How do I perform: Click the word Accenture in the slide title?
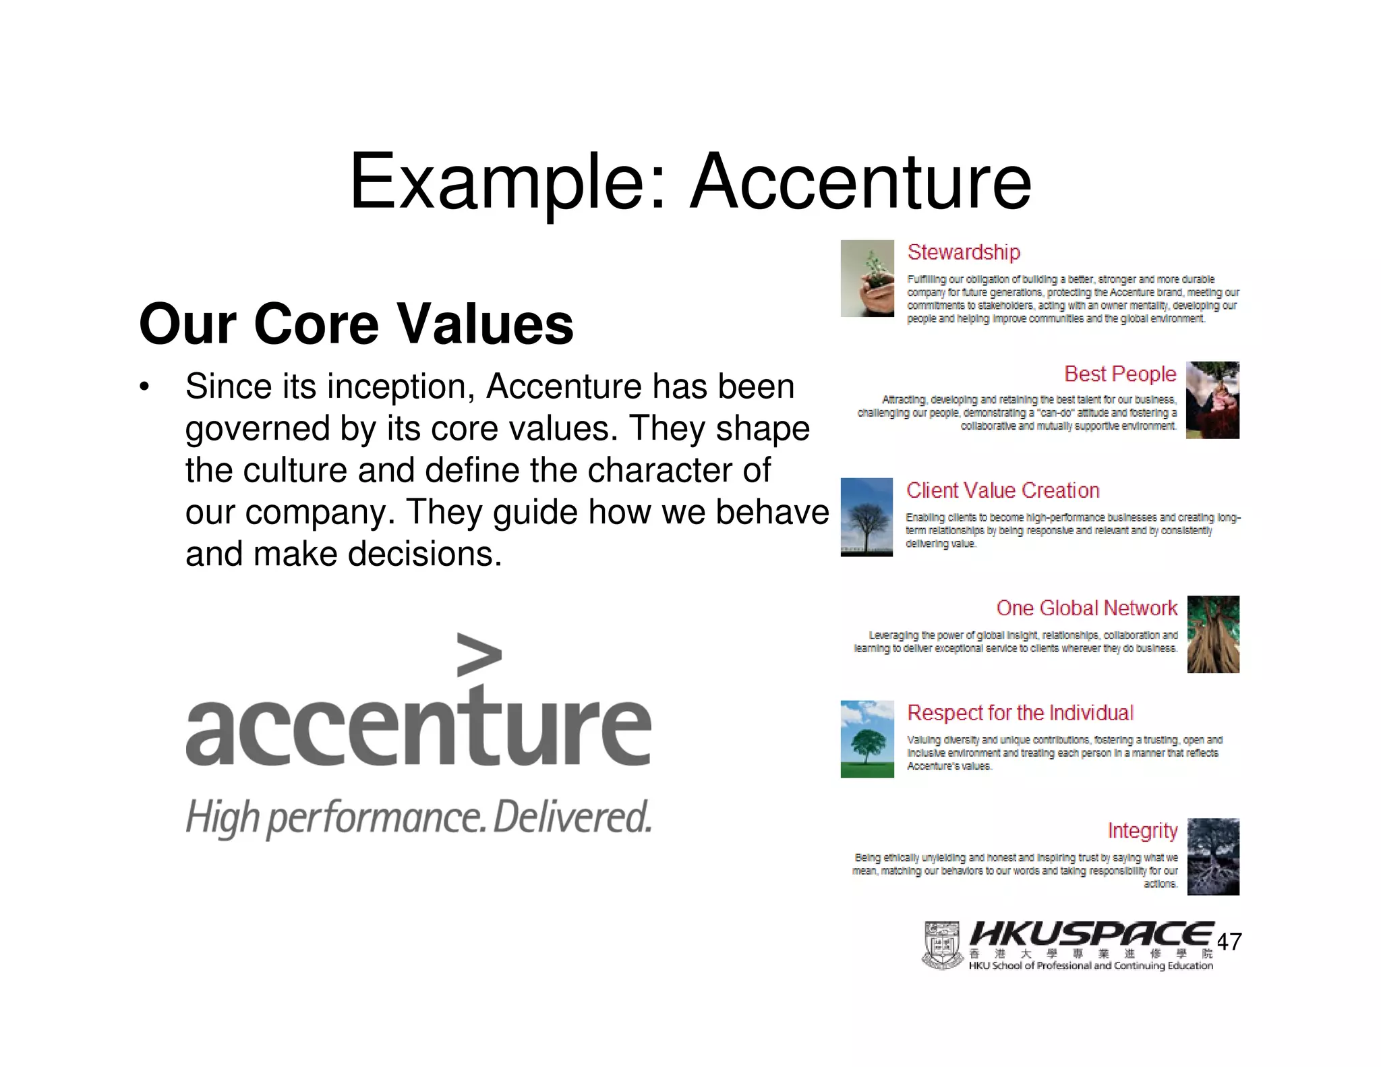[860, 182]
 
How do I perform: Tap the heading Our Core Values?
[356, 324]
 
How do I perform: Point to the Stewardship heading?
[964, 252]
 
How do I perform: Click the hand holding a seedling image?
[867, 279]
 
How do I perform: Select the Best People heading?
[1120, 374]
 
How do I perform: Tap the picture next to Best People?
[1212, 400]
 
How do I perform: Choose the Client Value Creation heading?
[1003, 490]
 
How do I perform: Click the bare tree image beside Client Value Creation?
[866, 517]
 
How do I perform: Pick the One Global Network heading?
[1086, 608]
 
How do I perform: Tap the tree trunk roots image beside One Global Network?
[1213, 634]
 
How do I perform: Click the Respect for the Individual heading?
[1020, 713]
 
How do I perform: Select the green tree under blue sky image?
[867, 739]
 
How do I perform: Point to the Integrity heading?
[1142, 830]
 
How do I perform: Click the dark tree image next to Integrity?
[1213, 857]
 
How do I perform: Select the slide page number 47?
[1229, 942]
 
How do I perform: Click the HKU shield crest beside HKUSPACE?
[941, 946]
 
